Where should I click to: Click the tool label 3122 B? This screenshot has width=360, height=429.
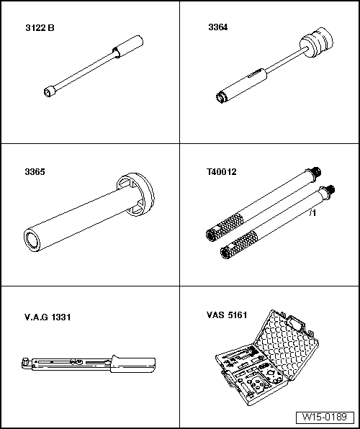pyautogui.click(x=40, y=28)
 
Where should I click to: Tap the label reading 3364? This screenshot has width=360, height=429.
pyautogui.click(x=218, y=27)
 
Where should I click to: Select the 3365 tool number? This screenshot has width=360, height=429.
pyautogui.click(x=35, y=172)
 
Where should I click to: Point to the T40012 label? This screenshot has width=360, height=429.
pyautogui.click(x=221, y=172)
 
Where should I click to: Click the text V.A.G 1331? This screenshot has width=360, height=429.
pyautogui.click(x=48, y=317)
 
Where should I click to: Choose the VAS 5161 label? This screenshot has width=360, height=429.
pyautogui.click(x=227, y=315)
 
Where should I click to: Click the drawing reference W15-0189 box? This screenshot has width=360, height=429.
pyautogui.click(x=325, y=417)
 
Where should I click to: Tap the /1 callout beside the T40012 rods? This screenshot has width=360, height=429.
pyautogui.click(x=312, y=213)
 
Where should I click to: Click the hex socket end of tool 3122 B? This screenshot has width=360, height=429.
pyautogui.click(x=48, y=91)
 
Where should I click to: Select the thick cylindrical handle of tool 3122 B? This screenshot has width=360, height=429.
pyautogui.click(x=128, y=47)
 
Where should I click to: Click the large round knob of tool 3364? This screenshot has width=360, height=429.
pyautogui.click(x=317, y=42)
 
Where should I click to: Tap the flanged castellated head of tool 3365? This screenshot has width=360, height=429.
pyautogui.click(x=135, y=194)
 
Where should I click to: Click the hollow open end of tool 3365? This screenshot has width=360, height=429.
pyautogui.click(x=32, y=241)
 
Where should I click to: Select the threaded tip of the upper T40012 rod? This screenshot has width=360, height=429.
pyautogui.click(x=316, y=172)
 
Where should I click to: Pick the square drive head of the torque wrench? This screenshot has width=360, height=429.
pyautogui.click(x=25, y=363)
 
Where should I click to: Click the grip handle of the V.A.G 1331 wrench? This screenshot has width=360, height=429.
pyautogui.click(x=133, y=364)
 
